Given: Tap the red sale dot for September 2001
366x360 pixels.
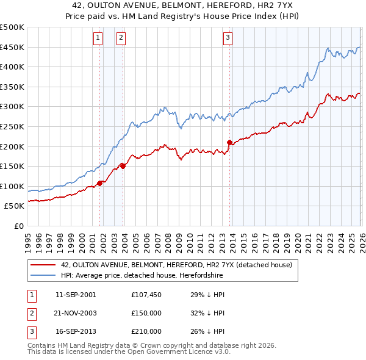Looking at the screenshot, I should [x=100, y=183].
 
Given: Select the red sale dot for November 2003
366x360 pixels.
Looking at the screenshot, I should [x=123, y=165].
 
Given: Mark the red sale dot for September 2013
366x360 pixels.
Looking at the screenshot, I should [x=229, y=142].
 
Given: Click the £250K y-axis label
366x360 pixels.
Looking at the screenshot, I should [x=12, y=126].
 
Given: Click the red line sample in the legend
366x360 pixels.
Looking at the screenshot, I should [x=43, y=265].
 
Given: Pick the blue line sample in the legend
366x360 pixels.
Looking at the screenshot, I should [x=43, y=275].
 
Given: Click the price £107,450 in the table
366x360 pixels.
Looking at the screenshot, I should [x=146, y=295].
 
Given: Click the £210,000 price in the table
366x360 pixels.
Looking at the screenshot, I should [x=146, y=331].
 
